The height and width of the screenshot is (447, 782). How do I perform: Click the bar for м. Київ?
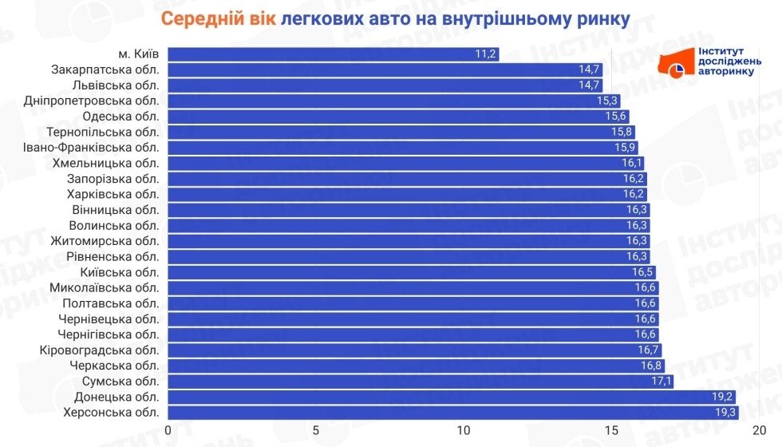coord(333,54)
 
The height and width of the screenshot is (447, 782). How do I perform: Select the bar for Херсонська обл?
coord(452,413)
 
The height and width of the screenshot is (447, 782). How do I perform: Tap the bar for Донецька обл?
coord(451,397)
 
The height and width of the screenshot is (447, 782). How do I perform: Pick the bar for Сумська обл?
coord(420,382)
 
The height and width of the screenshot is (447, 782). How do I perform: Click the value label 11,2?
coord(485,54)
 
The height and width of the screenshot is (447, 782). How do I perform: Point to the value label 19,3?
coord(724,413)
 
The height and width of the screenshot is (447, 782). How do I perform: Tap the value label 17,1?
coord(661,382)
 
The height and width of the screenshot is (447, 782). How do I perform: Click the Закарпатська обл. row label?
coord(105,69)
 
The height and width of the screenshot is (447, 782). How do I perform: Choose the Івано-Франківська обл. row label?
coord(92,148)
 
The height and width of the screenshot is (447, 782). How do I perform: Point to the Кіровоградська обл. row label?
coord(100,350)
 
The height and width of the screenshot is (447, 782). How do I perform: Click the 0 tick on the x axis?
coord(168,430)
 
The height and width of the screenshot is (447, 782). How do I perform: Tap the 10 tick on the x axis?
coord(464,430)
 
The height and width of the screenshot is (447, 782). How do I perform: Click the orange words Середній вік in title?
coord(216,18)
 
